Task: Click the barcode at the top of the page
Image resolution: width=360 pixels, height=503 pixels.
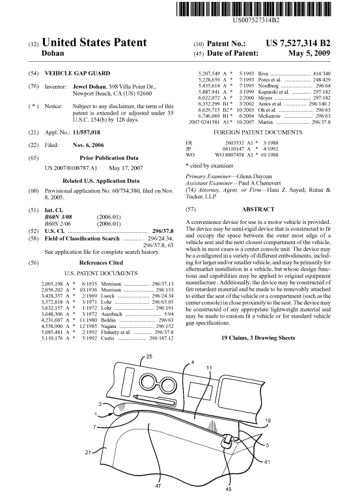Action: click(253, 9)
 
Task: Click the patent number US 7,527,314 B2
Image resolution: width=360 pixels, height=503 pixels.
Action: click(298, 44)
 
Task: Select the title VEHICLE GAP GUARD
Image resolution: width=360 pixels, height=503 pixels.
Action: click(77, 73)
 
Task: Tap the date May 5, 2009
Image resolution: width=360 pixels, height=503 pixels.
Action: click(309, 53)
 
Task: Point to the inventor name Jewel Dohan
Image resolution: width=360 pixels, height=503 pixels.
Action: click(89, 87)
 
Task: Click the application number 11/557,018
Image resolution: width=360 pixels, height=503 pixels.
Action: click(87, 133)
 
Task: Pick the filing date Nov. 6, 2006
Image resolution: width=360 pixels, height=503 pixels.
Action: click(89, 145)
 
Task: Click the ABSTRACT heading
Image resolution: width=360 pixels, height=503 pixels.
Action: click(258, 209)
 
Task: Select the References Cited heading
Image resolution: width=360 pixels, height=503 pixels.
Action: click(101, 263)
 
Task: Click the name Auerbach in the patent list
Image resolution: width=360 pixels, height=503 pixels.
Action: click(111, 314)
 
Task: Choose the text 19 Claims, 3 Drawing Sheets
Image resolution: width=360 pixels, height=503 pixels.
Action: click(258, 338)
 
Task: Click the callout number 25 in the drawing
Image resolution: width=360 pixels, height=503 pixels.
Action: click(149, 357)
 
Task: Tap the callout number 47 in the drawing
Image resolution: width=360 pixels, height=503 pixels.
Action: click(158, 485)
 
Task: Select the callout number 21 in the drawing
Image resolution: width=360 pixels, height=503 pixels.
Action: click(89, 453)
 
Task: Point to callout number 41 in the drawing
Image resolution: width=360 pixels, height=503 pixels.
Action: click(267, 462)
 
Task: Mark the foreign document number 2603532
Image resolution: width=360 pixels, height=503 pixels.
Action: click(234, 143)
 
